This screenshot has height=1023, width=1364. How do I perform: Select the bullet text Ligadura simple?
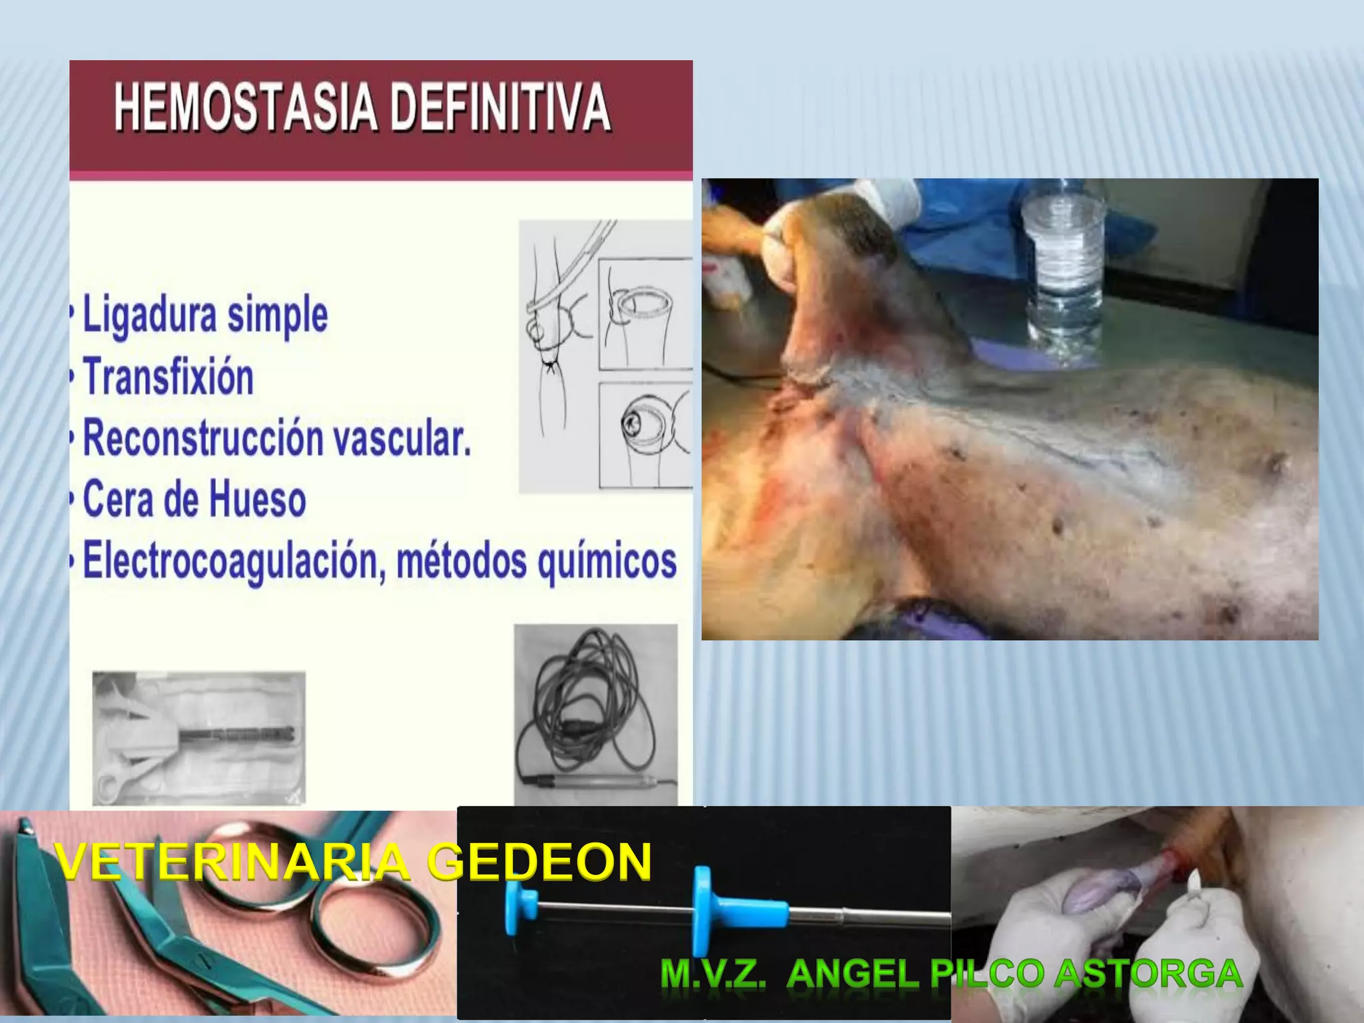(x=205, y=316)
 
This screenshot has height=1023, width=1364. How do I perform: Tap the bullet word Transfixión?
(x=169, y=377)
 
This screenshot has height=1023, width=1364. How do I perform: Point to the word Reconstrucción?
(x=204, y=438)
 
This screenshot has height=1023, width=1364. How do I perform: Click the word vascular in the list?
(x=402, y=438)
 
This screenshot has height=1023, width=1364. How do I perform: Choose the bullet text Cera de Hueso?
(x=194, y=500)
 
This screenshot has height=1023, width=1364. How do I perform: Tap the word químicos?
(x=607, y=561)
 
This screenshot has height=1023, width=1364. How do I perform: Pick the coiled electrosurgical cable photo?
(x=595, y=713)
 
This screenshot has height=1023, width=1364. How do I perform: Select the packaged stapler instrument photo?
(x=198, y=738)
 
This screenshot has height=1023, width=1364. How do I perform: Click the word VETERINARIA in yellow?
(x=233, y=862)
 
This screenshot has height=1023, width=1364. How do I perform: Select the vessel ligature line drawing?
(x=605, y=356)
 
